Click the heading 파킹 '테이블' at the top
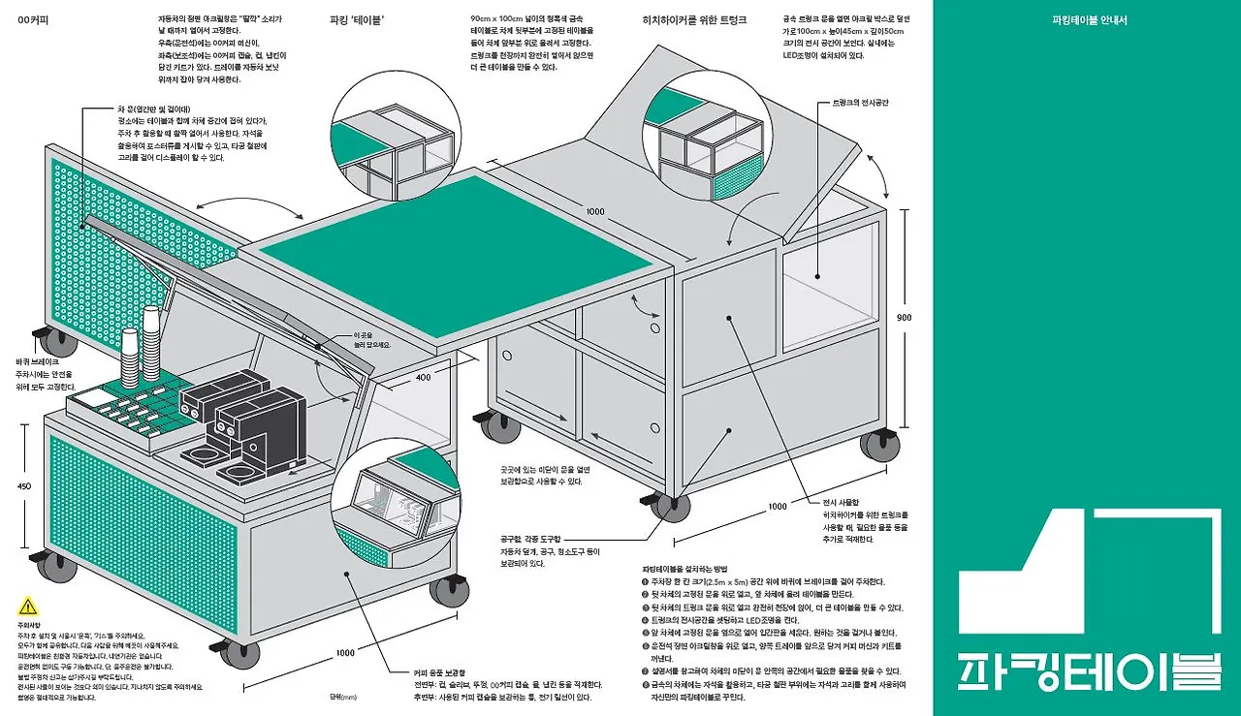coord(357,19)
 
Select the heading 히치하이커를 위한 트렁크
coord(694,19)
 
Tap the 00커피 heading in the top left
coord(34,19)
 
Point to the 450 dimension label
coord(25,486)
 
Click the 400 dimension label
coord(423,377)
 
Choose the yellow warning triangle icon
coord(27,607)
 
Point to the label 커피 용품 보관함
coord(439,672)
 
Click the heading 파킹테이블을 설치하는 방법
coord(684,569)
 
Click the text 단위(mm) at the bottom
coord(343,696)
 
